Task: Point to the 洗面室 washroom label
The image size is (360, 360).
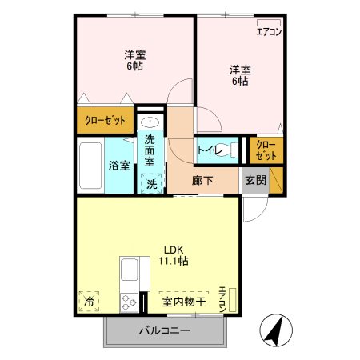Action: point(150,150)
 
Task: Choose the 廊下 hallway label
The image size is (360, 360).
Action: point(202,180)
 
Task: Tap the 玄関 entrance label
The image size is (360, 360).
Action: point(255,180)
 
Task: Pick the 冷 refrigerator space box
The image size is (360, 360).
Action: point(88,302)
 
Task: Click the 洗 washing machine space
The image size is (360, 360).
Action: point(151,183)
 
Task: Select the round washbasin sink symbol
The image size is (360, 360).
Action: point(150,122)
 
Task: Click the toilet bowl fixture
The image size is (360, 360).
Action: point(232,149)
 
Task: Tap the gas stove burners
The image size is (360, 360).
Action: point(129,302)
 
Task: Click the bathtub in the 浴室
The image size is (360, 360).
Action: point(90,166)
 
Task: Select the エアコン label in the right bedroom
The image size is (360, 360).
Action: point(268,31)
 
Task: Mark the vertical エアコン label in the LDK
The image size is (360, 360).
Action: point(223,297)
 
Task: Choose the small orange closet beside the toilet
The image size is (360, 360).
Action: point(266,150)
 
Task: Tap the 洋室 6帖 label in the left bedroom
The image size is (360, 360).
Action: point(134,60)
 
